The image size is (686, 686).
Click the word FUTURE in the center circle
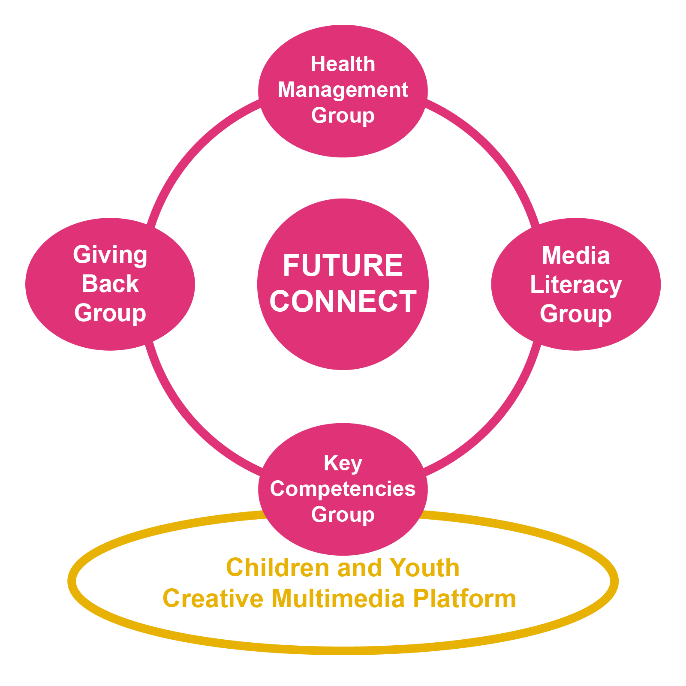tap(343, 265)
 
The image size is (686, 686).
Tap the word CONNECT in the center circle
tap(343, 301)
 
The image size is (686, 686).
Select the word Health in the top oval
tap(343, 64)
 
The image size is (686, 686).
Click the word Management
tap(343, 90)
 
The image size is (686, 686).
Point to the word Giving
tap(110, 255)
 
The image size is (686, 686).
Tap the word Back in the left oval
tap(110, 284)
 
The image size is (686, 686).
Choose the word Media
tap(576, 256)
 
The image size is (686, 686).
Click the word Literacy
tap(576, 285)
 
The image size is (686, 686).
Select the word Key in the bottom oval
tap(343, 463)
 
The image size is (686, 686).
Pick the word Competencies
tap(343, 489)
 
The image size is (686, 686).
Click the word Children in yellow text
tap(279, 568)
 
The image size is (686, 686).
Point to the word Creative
tap(213, 599)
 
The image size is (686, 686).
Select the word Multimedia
tap(338, 599)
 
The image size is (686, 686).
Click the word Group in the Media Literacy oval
tap(576, 314)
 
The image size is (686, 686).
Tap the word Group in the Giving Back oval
tap(110, 313)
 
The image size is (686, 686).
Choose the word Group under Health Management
tap(343, 116)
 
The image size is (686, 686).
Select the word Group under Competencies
tap(343, 514)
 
